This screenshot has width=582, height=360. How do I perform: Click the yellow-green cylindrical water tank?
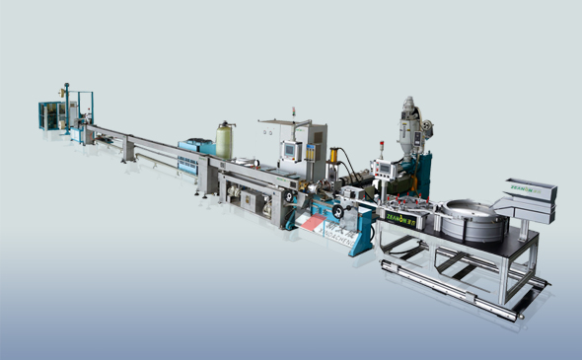coord(224,139)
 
